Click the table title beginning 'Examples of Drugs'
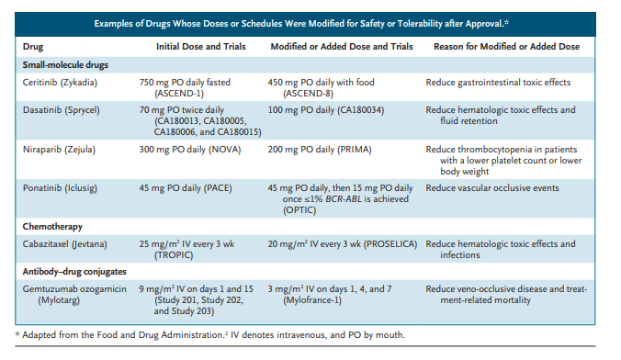coord(310,19)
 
